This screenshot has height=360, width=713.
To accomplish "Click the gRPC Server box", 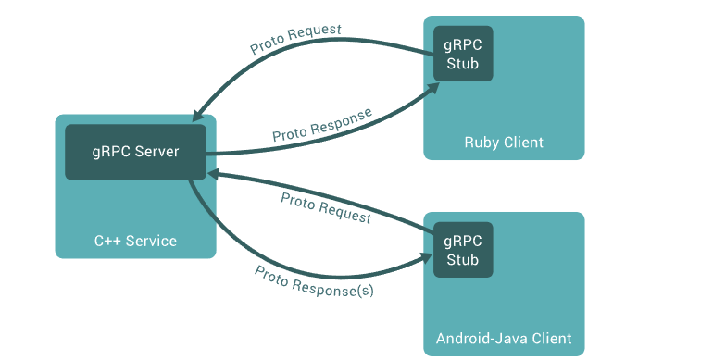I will [x=135, y=152].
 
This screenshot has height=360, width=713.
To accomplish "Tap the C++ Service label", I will [x=135, y=241].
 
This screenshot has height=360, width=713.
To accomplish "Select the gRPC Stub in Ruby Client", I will [x=463, y=54].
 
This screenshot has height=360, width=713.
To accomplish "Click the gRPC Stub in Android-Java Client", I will [x=463, y=250].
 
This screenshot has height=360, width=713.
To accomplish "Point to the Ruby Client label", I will [x=504, y=143].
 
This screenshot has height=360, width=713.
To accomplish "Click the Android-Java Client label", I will [x=504, y=338].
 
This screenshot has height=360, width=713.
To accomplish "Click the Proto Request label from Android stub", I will [x=326, y=209].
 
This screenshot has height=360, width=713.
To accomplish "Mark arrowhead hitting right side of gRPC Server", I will [x=213, y=173].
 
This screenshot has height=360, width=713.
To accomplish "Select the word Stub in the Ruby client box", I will [x=463, y=64].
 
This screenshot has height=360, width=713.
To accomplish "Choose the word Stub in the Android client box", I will [x=463, y=260].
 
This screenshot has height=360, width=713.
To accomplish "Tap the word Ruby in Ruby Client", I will [x=482, y=143].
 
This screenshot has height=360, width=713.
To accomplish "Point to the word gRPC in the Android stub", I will [x=463, y=241].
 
